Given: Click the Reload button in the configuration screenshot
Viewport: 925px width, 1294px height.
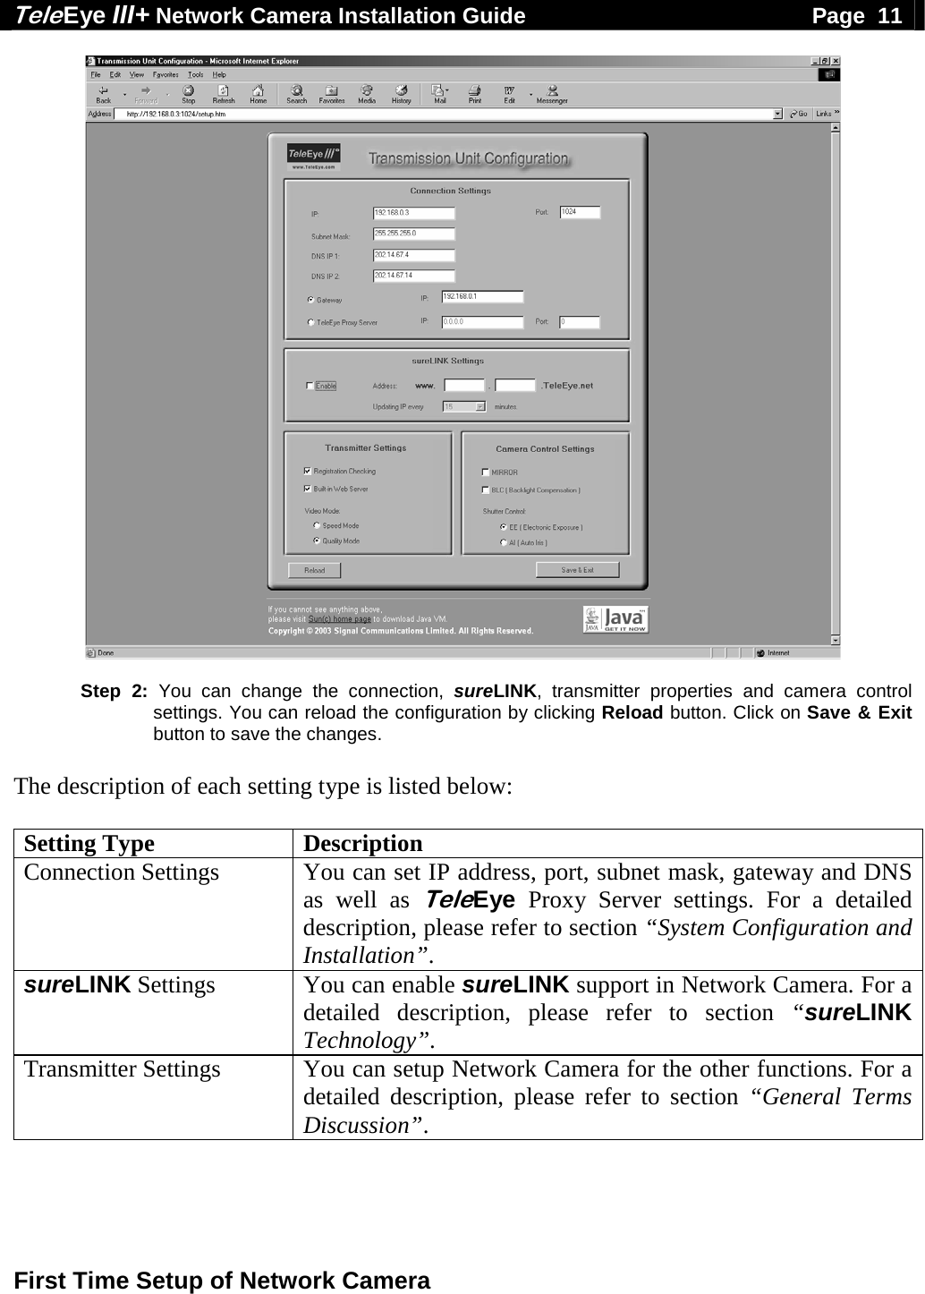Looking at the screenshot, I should [314, 570].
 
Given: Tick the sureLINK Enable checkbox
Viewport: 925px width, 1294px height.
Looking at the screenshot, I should [310, 386].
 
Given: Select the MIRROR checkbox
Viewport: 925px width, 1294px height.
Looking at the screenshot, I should [485, 472].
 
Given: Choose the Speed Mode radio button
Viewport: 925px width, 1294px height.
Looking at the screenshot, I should [316, 525].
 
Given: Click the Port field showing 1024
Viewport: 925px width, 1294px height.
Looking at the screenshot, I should [580, 212].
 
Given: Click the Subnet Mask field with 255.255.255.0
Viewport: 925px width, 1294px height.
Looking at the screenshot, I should [413, 234].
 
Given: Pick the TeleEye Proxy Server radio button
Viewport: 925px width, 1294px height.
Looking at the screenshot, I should [310, 322].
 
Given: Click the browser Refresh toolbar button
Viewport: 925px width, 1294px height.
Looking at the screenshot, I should [224, 94].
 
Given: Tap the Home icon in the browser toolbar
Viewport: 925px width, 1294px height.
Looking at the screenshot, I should [258, 94].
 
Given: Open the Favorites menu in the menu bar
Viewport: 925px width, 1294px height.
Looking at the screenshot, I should [165, 74].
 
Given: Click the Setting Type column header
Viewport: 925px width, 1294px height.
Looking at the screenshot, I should [89, 844].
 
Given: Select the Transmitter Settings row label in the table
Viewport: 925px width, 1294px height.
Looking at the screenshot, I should [123, 1068].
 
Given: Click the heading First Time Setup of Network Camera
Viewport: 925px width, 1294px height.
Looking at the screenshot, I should [223, 1280].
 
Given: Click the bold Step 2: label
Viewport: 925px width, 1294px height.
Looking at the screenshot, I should [115, 691].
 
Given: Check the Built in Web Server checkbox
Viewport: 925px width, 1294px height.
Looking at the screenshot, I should [308, 489].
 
